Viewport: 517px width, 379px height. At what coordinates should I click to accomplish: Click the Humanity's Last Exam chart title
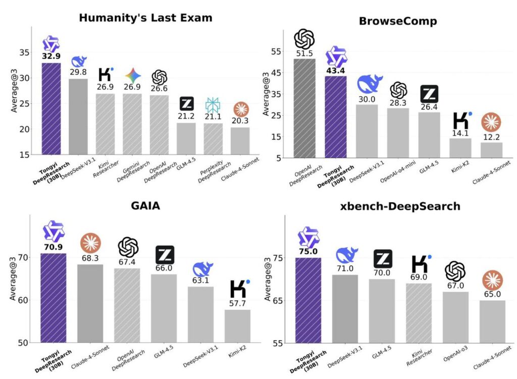click(x=145, y=18)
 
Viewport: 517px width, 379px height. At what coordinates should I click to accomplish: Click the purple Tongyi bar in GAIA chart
click(x=53, y=298)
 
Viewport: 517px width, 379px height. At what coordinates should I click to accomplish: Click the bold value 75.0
click(x=308, y=252)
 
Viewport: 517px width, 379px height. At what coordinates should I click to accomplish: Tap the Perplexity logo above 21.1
click(x=213, y=105)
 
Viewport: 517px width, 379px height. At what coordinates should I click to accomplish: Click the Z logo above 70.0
click(x=382, y=259)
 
